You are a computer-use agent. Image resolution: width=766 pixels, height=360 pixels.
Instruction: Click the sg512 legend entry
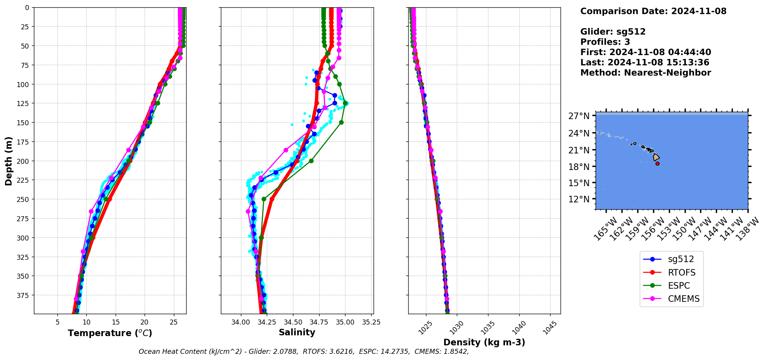click(680, 259)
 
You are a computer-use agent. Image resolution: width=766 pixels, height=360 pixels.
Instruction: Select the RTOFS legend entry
click(681, 273)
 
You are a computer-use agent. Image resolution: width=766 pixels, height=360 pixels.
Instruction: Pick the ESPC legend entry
click(678, 286)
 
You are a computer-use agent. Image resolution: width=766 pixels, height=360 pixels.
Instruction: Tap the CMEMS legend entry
click(683, 299)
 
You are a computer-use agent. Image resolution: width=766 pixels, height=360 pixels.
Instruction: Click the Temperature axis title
click(110, 333)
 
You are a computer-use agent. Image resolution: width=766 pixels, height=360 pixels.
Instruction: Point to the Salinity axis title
click(297, 332)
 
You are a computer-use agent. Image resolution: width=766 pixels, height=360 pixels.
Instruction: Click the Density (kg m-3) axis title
click(484, 342)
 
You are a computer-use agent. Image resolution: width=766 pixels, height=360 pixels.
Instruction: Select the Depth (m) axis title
click(8, 161)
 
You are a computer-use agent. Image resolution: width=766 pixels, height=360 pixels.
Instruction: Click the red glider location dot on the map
click(657, 163)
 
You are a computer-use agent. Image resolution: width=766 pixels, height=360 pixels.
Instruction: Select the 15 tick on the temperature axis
click(115, 321)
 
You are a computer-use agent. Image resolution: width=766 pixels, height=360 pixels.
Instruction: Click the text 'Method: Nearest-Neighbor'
click(645, 73)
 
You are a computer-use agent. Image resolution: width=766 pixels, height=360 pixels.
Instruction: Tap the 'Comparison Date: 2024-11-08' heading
click(653, 11)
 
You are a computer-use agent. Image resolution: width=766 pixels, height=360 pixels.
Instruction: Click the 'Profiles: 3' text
click(605, 42)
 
